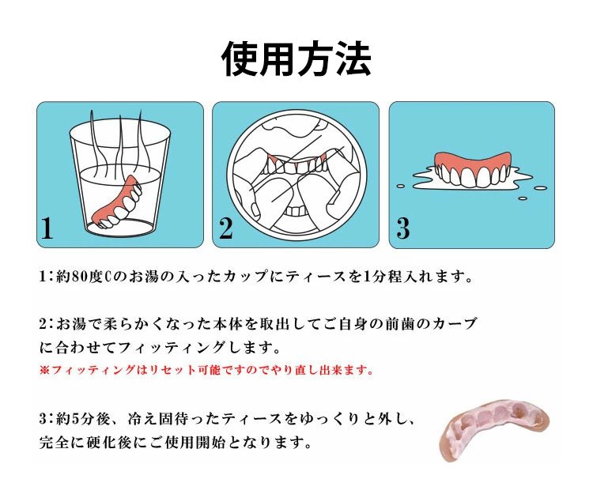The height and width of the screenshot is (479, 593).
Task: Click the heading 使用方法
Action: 296,59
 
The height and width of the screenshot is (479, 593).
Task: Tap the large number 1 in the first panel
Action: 47,228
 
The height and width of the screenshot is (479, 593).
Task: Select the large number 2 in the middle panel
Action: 226,228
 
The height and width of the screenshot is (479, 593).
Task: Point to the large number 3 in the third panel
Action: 403,228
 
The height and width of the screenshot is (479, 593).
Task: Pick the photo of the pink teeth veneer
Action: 495,429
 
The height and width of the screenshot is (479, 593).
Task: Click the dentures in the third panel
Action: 471,169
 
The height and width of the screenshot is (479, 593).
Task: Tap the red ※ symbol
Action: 44,370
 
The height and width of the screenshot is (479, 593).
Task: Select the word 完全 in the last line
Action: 54,442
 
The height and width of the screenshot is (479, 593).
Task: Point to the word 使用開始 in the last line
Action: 195,442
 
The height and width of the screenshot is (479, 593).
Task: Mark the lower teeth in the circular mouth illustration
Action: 296,210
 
